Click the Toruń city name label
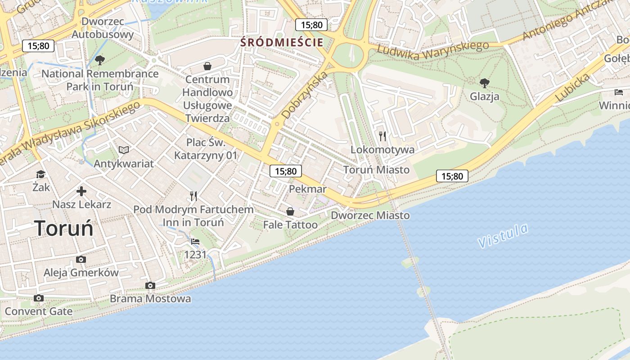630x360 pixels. point(64,229)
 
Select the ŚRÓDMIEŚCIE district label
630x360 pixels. point(282,43)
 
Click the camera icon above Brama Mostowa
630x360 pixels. point(150,285)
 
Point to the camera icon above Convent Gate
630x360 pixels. point(39,298)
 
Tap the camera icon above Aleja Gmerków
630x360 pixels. point(81,259)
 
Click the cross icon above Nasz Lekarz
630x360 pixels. point(81,192)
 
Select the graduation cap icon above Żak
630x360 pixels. point(41,174)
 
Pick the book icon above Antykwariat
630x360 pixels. point(124,150)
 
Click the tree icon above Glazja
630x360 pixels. point(485,83)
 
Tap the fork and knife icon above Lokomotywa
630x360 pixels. point(382,136)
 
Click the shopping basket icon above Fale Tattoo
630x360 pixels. point(290,211)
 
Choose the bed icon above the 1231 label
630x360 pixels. point(195,242)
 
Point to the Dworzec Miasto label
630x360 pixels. point(370,216)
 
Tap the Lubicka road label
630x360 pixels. point(572,87)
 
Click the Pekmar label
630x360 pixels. point(307,189)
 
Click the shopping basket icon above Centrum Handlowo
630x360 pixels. point(207,67)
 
